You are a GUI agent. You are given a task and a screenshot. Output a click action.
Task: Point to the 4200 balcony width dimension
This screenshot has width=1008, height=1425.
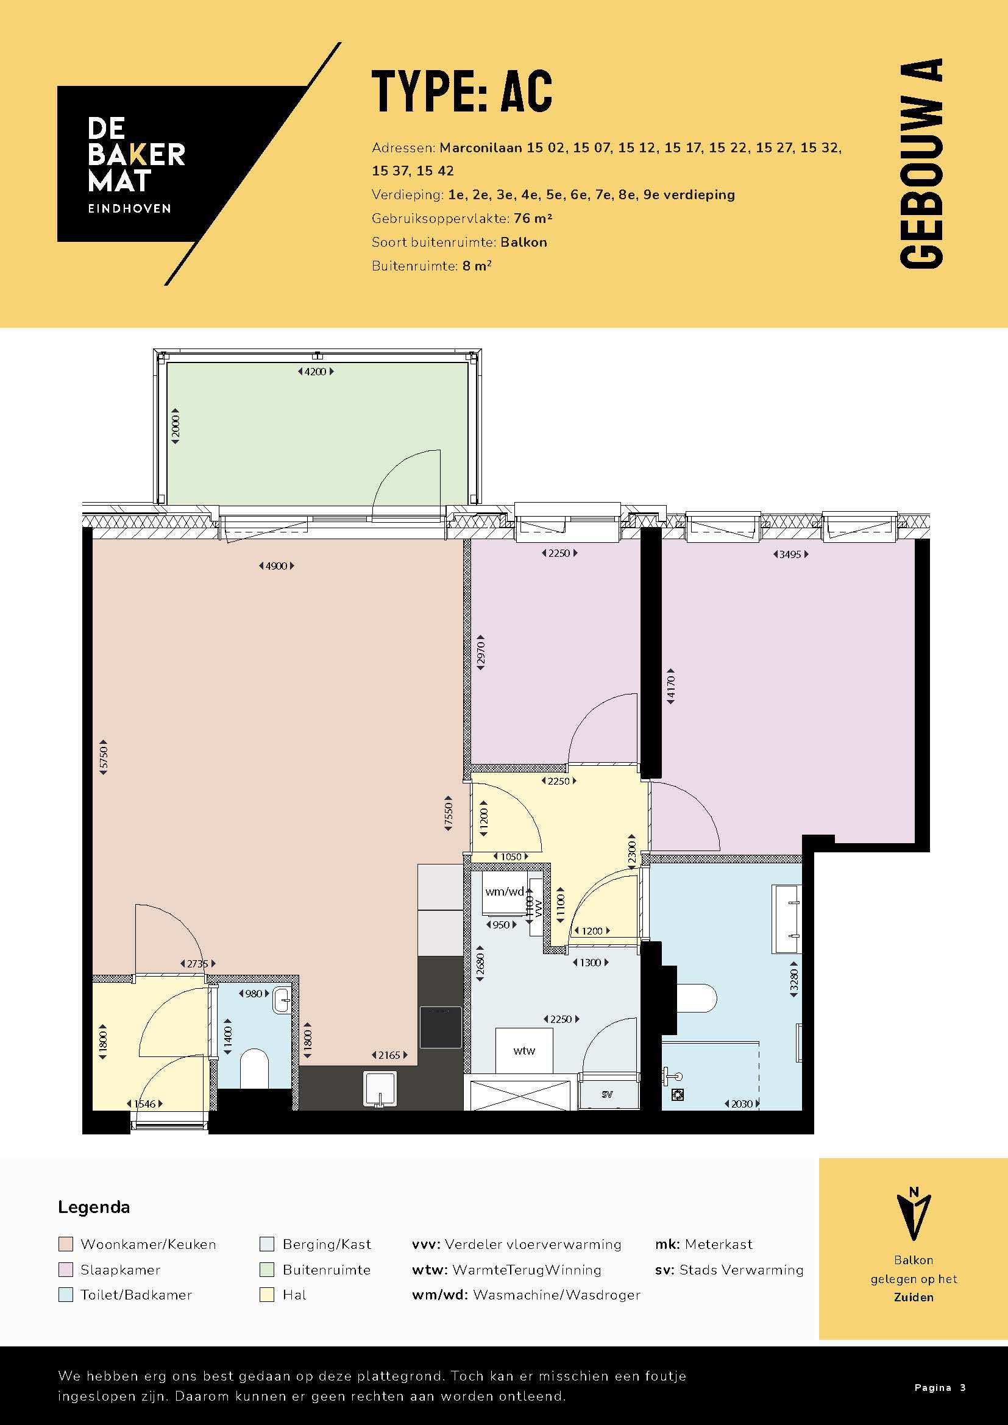[316, 372]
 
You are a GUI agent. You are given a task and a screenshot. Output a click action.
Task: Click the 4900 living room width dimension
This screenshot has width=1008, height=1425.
[276, 566]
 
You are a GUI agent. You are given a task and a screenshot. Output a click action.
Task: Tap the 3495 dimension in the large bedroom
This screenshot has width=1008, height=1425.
[790, 554]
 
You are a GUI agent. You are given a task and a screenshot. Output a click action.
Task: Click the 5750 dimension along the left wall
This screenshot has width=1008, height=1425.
[104, 757]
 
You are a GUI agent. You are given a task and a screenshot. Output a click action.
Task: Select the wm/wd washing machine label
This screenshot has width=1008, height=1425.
[504, 891]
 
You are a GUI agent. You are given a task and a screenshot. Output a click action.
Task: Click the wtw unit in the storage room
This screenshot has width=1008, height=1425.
[524, 1051]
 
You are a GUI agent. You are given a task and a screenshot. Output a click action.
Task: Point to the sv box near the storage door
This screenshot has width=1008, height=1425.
[608, 1094]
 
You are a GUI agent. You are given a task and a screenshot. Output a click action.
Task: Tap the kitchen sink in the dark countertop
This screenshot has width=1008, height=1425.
[380, 1089]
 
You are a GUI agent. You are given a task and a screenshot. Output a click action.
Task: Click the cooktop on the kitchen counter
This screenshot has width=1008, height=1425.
[441, 1027]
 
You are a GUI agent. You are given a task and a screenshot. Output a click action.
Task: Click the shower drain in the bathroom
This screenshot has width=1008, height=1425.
[678, 1094]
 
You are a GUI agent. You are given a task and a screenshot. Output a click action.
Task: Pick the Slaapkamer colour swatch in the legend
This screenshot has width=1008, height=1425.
[66, 1270]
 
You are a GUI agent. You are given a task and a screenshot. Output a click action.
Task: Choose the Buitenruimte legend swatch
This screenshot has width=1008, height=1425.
[267, 1270]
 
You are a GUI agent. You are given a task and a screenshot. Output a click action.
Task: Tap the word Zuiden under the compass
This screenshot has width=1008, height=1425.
[914, 1297]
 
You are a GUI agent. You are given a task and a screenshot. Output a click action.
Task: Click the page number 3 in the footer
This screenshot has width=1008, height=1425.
[963, 1388]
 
